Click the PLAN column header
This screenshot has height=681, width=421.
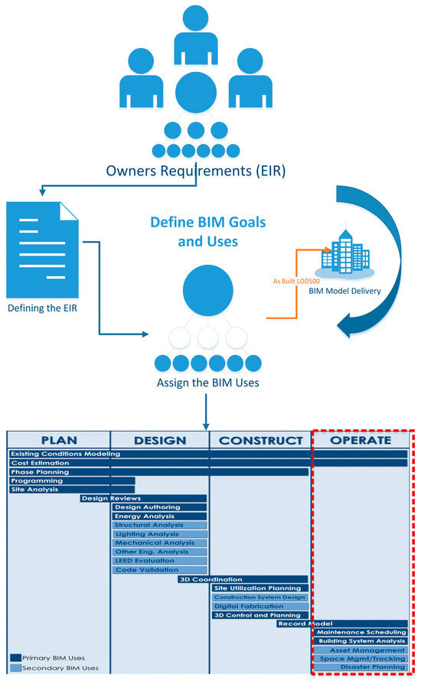59,441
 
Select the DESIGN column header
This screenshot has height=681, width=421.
160,441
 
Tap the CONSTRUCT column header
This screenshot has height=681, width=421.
261,441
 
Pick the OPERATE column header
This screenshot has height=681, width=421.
361,441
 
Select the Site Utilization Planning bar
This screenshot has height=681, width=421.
260,588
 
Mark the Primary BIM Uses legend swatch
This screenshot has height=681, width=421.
16,657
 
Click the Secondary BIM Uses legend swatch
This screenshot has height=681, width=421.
16,668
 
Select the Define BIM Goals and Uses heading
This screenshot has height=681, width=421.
207,231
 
